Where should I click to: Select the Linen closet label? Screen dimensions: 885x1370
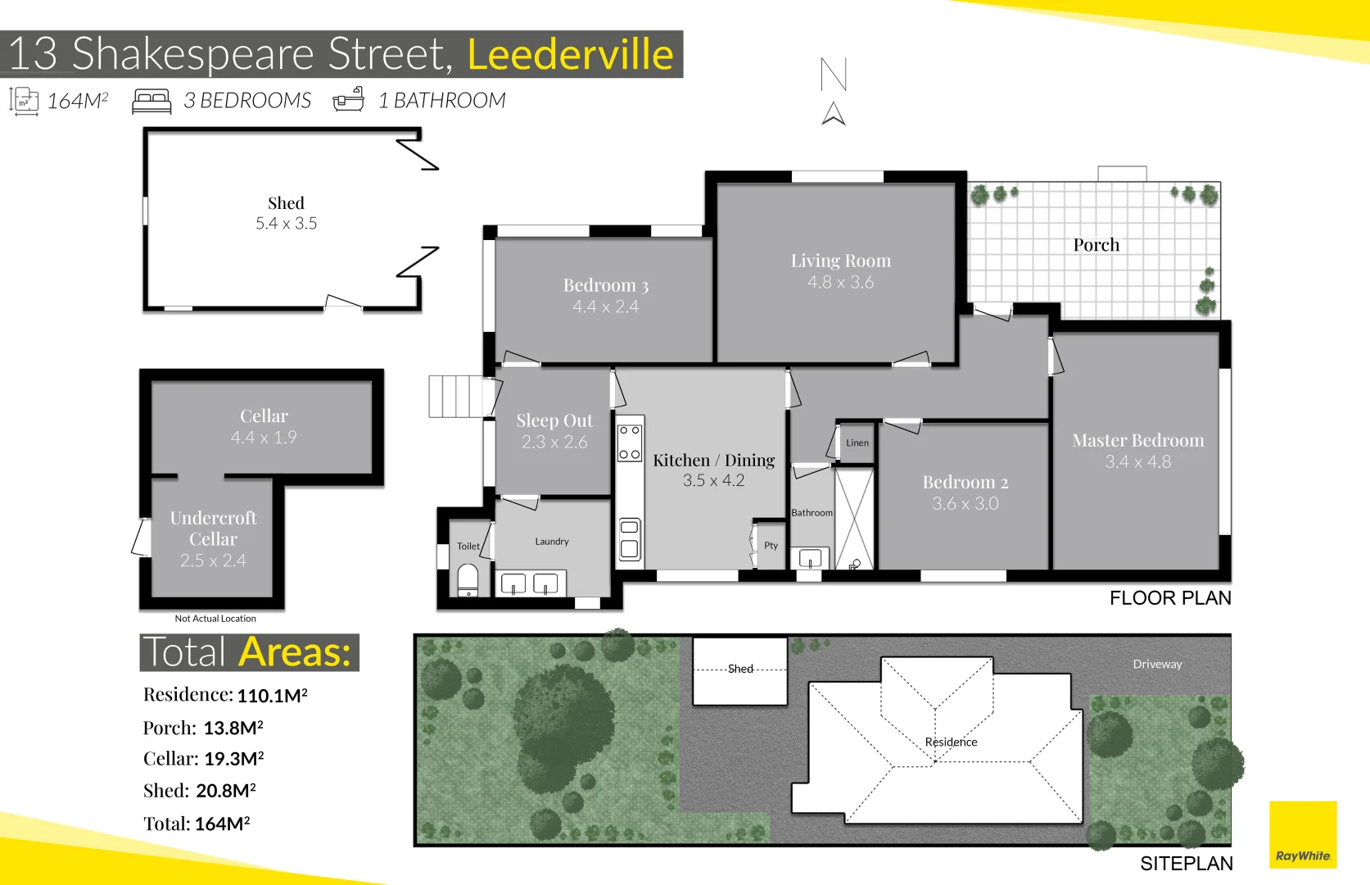tap(857, 443)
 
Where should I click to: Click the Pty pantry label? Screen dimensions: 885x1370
tap(771, 546)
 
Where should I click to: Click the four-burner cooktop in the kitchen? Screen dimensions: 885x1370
tap(629, 442)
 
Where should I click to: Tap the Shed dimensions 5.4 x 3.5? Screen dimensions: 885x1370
tap(286, 224)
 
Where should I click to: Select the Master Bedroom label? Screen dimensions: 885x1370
tap(1137, 441)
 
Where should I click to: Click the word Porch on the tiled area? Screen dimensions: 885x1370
tap(1096, 245)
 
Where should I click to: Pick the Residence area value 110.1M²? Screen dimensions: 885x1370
tap(272, 696)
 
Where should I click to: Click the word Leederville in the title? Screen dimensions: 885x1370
tap(570, 55)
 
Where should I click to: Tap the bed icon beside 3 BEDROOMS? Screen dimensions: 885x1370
tap(151, 102)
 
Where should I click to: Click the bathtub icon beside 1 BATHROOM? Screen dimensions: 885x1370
tap(348, 100)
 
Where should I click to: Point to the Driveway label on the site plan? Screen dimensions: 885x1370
tap(1156, 665)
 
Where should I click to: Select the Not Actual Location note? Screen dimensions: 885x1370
tap(215, 619)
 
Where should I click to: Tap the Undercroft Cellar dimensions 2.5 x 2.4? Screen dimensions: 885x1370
tap(213, 561)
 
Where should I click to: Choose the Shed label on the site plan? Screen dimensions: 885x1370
tap(740, 669)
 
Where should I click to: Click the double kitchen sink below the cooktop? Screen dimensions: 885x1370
tap(629, 539)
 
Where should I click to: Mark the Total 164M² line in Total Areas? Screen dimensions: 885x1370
tap(197, 824)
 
